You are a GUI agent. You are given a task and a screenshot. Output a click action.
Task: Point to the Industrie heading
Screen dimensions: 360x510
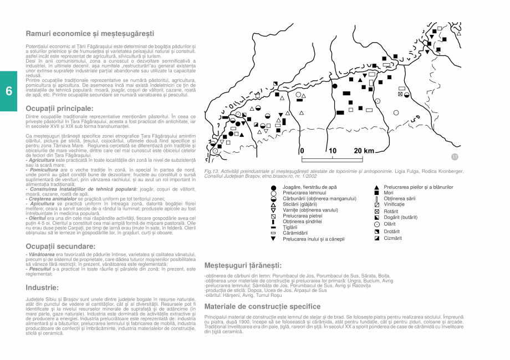[42, 287]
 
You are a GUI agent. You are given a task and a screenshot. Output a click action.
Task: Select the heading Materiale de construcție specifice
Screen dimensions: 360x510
[262, 306]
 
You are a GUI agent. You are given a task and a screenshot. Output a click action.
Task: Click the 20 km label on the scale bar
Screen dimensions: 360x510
[364, 151]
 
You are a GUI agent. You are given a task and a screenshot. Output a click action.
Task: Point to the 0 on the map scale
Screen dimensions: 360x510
[302, 151]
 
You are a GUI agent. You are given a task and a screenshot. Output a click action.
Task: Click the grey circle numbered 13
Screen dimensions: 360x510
[455, 157]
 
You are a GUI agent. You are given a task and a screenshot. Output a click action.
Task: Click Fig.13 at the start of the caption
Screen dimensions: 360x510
[212, 172]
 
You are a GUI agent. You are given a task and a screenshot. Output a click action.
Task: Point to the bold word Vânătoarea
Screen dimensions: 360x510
[42, 254]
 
